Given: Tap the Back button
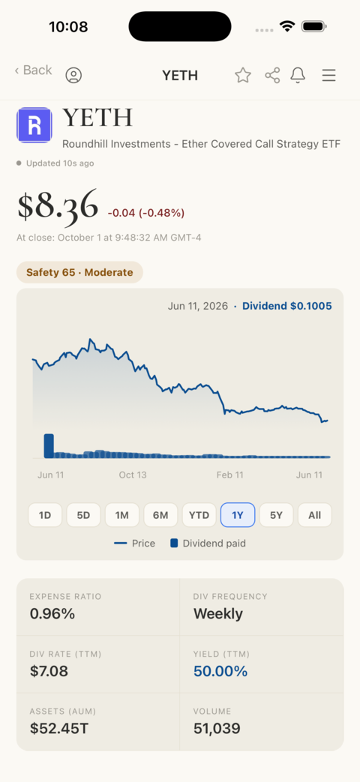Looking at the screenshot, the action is click(x=34, y=70).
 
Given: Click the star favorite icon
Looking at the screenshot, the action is click(x=243, y=75).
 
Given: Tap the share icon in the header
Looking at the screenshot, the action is click(x=272, y=75).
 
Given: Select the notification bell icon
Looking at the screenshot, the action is click(x=298, y=75).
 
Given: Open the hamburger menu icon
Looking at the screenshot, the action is click(x=328, y=75).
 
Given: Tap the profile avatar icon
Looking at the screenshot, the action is click(x=73, y=75).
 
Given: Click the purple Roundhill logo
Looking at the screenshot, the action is click(x=34, y=125).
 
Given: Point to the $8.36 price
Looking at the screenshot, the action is click(x=58, y=205).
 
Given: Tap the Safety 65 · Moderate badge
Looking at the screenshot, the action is click(x=79, y=272).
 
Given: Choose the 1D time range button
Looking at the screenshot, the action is click(x=45, y=515).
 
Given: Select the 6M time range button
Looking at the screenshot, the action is click(x=160, y=515).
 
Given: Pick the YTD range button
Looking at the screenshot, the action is click(x=199, y=515).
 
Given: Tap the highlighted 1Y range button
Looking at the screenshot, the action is click(x=238, y=515).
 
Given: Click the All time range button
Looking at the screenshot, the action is click(x=315, y=515).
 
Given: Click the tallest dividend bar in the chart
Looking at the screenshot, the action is click(x=48, y=446).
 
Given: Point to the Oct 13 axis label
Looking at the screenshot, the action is click(x=133, y=475).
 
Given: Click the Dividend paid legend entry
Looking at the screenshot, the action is click(x=208, y=543).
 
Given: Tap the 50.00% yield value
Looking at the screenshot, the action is click(x=220, y=671).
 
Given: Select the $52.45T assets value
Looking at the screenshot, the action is click(x=59, y=729).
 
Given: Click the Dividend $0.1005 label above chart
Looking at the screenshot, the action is click(x=286, y=306).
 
